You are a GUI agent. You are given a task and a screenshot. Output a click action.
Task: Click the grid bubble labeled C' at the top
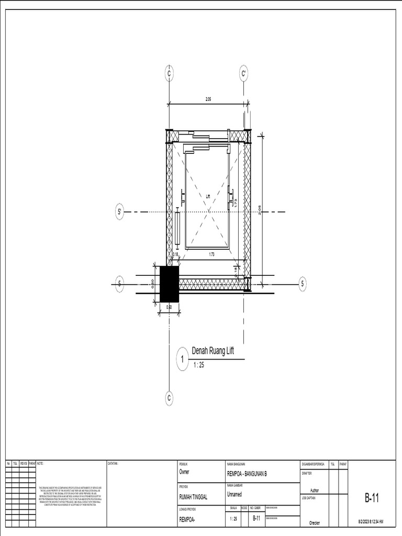(x=244, y=74)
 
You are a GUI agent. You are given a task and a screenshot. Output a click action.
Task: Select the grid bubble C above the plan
(x=169, y=74)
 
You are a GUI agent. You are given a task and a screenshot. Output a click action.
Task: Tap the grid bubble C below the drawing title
(x=169, y=398)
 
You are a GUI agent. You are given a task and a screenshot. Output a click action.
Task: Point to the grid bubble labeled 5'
(x=119, y=212)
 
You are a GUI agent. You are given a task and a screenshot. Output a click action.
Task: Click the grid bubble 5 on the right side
(x=302, y=284)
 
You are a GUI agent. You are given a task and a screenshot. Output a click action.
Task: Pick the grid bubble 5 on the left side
(x=119, y=284)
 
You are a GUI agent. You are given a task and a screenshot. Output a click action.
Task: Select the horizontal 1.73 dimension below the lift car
(x=211, y=254)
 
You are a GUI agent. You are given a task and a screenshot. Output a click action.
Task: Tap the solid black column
(x=169, y=284)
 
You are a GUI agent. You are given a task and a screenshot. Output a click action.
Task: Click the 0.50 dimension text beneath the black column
(x=169, y=307)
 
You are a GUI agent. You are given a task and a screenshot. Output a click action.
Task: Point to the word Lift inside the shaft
(x=208, y=196)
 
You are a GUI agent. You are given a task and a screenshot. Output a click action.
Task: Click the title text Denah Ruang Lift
(x=214, y=351)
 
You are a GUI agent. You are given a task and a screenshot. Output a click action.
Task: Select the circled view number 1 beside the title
(x=182, y=360)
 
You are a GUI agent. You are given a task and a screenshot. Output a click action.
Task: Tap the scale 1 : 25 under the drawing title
(x=199, y=365)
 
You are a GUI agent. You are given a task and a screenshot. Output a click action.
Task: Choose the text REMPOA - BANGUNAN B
(x=247, y=474)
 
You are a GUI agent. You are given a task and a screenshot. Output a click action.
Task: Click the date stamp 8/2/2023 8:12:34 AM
(x=371, y=521)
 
